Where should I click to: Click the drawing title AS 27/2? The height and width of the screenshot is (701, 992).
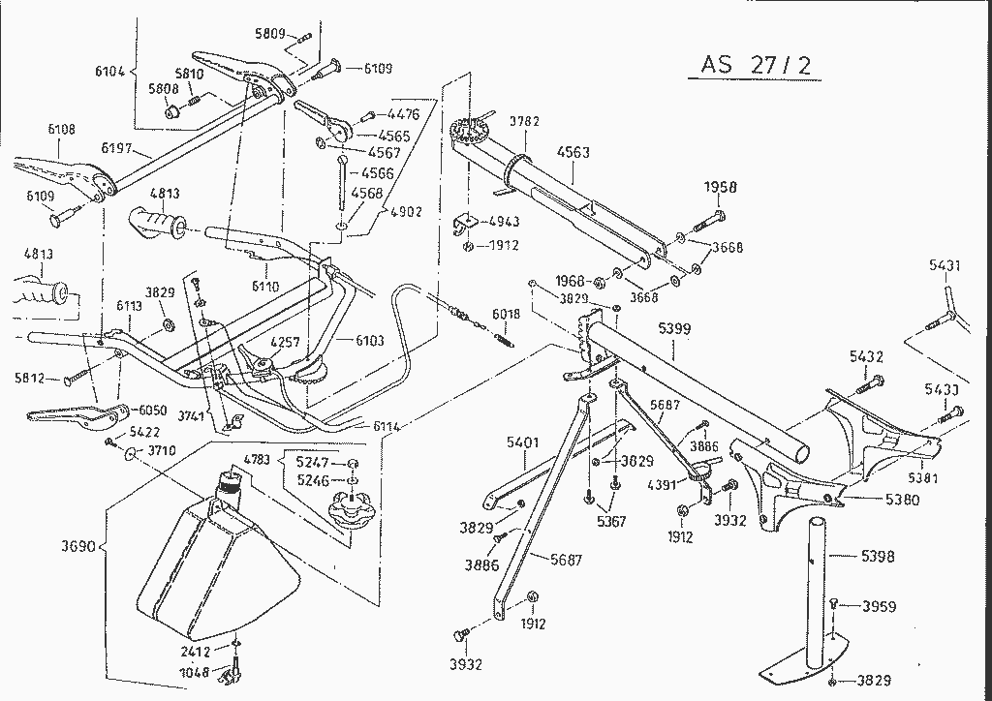pyautogui.click(x=757, y=65)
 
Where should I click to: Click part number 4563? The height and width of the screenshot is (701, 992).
pyautogui.click(x=573, y=153)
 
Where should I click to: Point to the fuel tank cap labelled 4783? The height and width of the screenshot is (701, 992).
pyautogui.click(x=352, y=509)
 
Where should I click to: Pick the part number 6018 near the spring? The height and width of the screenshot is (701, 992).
pyautogui.click(x=506, y=315)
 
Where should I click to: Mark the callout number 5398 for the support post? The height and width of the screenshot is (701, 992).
pyautogui.click(x=877, y=557)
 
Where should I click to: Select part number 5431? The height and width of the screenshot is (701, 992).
pyautogui.click(x=945, y=264)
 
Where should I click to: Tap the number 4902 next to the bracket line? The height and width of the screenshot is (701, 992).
pyautogui.click(x=405, y=212)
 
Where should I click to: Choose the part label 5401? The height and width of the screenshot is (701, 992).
pyautogui.click(x=522, y=442)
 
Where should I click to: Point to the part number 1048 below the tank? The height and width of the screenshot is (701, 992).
pyautogui.click(x=194, y=672)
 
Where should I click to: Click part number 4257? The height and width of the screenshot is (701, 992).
pyautogui.click(x=284, y=342)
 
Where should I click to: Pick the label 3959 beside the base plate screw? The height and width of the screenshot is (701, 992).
pyautogui.click(x=880, y=607)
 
